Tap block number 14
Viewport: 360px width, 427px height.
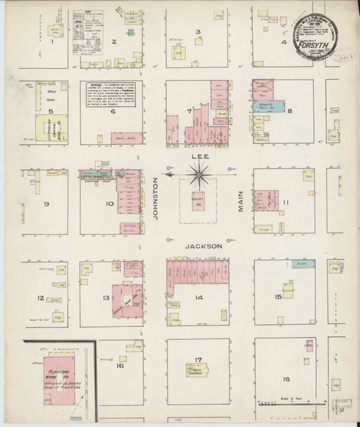pos(197,297)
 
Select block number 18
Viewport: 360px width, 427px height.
pos(287,379)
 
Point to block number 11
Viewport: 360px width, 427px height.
pos(286,204)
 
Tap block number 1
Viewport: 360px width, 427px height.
pos(53,42)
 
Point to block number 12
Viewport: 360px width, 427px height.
pos(41,297)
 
